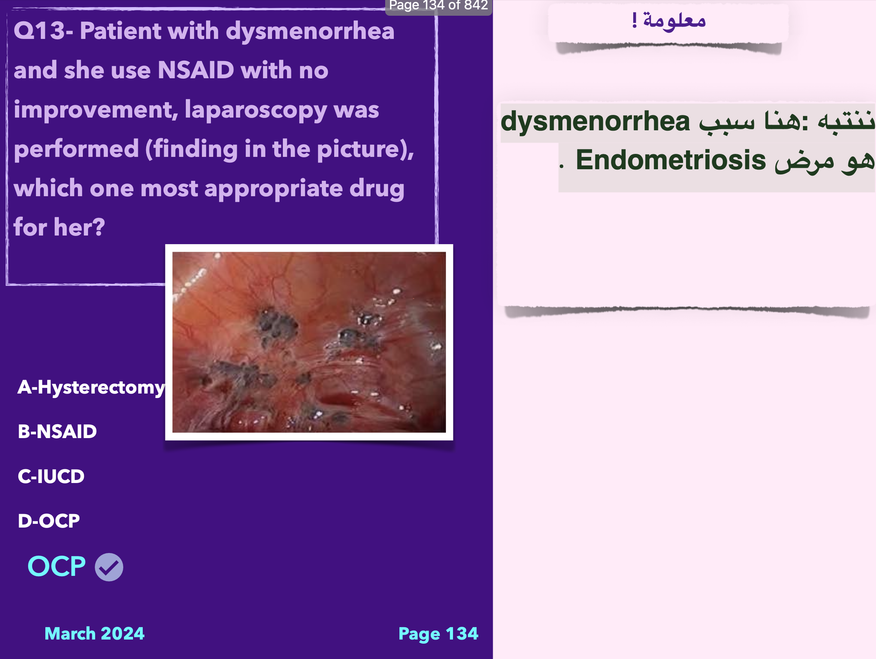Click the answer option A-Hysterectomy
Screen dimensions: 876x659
(91, 388)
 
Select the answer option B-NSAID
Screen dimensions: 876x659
(57, 431)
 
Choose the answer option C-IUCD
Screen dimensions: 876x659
(51, 476)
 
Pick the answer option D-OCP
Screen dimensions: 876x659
(49, 521)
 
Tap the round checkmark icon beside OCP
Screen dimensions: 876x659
(109, 567)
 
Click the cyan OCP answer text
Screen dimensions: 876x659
(57, 566)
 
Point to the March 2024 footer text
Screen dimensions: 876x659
(94, 633)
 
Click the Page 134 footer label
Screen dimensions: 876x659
(438, 634)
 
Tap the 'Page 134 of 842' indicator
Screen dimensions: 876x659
(438, 6)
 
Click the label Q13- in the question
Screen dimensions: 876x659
(43, 31)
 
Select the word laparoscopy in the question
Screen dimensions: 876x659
(256, 110)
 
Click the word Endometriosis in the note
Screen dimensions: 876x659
(670, 160)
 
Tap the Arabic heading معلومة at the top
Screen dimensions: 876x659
(674, 20)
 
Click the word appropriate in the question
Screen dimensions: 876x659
(273, 189)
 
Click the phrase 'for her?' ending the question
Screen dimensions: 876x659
(60, 227)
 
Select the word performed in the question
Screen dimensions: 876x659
(76, 149)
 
